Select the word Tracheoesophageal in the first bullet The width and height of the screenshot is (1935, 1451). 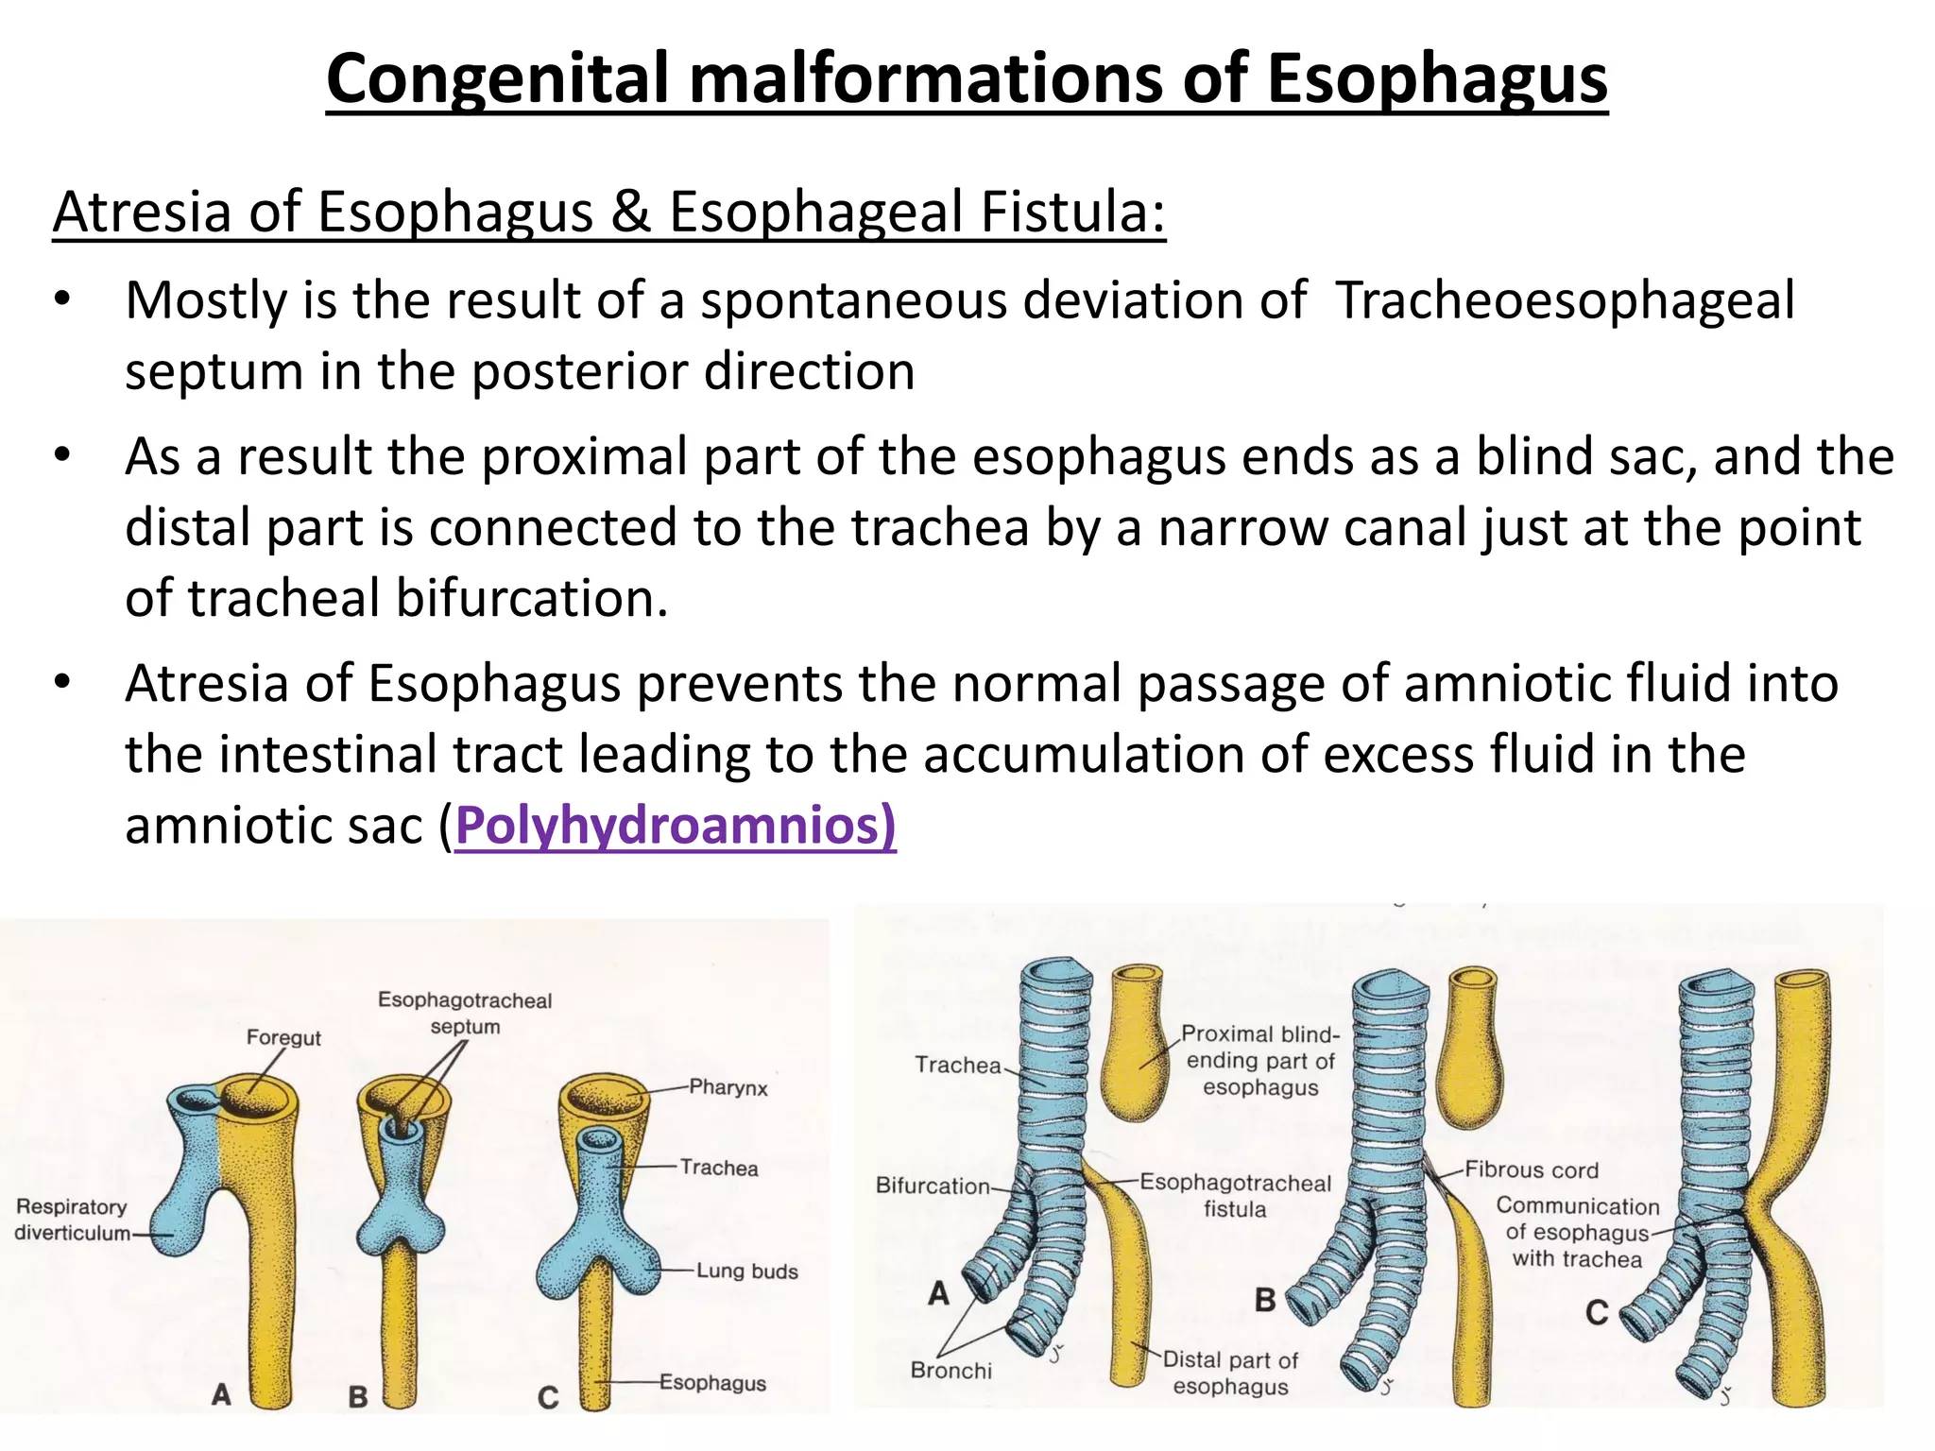pyautogui.click(x=1564, y=301)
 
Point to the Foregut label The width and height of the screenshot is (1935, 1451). pyautogui.click(x=283, y=1037)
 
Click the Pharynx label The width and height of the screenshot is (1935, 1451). pyautogui.click(x=728, y=1087)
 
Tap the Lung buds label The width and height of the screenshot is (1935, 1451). pyautogui.click(x=746, y=1272)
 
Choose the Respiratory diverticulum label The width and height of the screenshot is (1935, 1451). pyautogui.click(x=72, y=1220)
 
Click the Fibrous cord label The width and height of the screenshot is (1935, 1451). pyautogui.click(x=1532, y=1170)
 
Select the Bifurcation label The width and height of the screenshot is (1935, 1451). pyautogui.click(x=933, y=1186)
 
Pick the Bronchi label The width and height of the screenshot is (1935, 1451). pyautogui.click(x=951, y=1371)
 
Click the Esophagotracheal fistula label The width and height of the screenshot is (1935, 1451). pyautogui.click(x=1235, y=1196)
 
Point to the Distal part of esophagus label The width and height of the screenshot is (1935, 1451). pyautogui.click(x=1230, y=1373)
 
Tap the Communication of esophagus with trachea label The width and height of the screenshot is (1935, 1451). pyautogui.click(x=1577, y=1233)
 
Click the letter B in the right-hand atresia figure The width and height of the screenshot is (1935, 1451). pyautogui.click(x=1265, y=1300)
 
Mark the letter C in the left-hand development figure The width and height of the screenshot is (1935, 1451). pyautogui.click(x=548, y=1397)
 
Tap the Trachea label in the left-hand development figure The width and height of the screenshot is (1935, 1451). pyautogui.click(x=719, y=1168)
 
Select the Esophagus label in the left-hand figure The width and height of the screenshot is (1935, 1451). pyautogui.click(x=712, y=1383)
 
